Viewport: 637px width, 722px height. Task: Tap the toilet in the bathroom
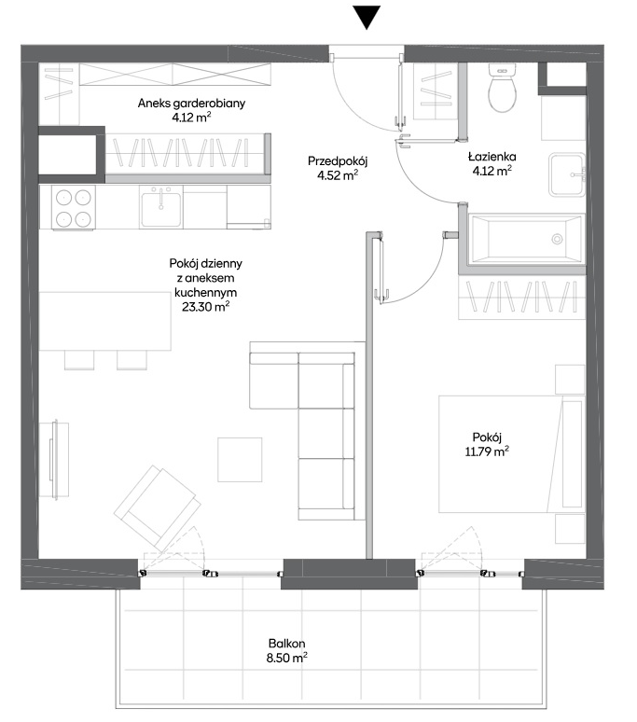[502, 89]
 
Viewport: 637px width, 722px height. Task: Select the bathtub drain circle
[557, 239]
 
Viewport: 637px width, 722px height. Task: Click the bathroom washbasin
[566, 175]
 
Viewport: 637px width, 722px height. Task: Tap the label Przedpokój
[338, 161]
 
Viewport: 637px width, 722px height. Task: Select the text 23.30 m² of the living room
[206, 307]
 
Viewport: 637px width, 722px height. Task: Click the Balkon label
[286, 644]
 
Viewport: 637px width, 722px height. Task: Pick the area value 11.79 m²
[487, 451]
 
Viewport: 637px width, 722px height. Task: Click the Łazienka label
[492, 157]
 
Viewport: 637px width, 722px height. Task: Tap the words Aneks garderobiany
[191, 104]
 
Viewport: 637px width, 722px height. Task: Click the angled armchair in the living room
[158, 507]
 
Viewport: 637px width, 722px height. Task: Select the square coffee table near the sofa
[240, 460]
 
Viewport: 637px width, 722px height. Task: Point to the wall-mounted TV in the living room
[54, 460]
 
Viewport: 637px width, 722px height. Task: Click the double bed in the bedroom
[511, 454]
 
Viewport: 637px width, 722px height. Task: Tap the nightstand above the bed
[570, 380]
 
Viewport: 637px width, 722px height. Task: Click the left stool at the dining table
[79, 360]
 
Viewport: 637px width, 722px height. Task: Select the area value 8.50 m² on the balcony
[286, 658]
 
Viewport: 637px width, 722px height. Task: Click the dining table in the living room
[105, 321]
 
